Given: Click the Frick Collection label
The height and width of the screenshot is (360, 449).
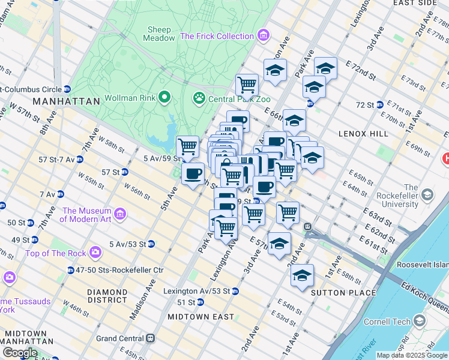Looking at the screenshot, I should click(x=217, y=36).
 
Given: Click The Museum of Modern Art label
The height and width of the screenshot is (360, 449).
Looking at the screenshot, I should click(x=87, y=215).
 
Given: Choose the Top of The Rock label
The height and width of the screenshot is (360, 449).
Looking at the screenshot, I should click(x=55, y=253).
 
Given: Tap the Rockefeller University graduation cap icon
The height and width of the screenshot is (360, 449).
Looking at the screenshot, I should click(x=427, y=195).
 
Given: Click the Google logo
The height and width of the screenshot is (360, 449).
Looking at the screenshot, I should click(x=19, y=352).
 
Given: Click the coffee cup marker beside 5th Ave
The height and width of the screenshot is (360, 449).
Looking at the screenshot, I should click(x=193, y=174).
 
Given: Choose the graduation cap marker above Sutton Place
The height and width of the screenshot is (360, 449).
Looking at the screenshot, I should click(x=303, y=275).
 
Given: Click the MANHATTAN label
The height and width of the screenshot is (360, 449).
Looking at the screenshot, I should click(x=67, y=101).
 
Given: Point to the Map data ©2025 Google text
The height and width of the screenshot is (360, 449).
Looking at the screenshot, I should click(x=411, y=355).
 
